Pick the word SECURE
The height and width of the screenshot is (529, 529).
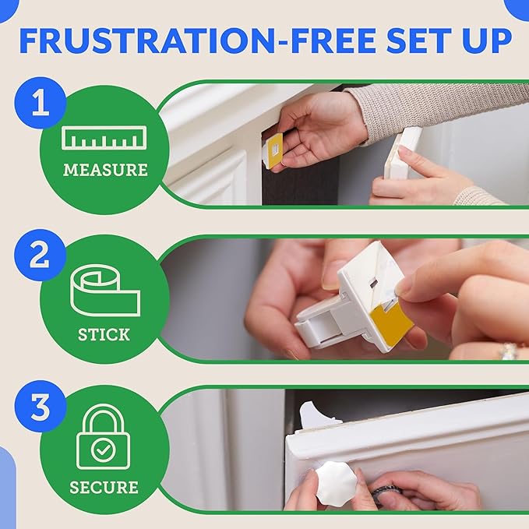pyautogui.click(x=104, y=488)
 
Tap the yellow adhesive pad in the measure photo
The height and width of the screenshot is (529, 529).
pyautogui.click(x=273, y=149)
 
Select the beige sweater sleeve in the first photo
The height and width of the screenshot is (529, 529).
pyautogui.click(x=436, y=109)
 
